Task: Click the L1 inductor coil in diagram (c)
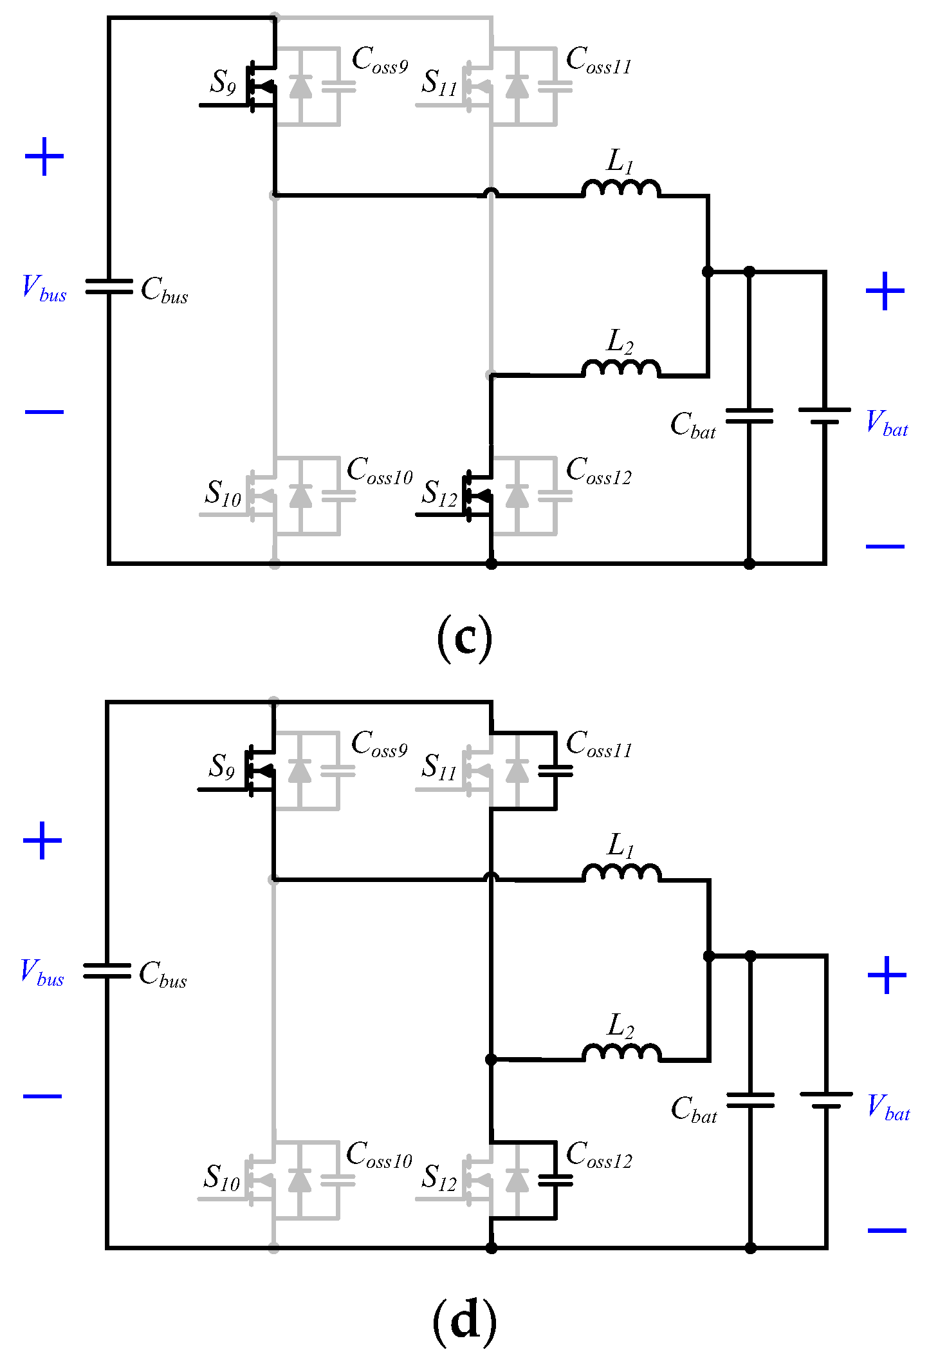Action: pyautogui.click(x=620, y=188)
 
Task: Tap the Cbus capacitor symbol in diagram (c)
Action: pyautogui.click(x=109, y=286)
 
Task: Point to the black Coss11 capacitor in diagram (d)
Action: pyautogui.click(x=555, y=771)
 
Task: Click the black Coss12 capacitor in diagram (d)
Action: pyautogui.click(x=555, y=1180)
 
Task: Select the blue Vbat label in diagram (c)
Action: pyautogui.click(x=887, y=424)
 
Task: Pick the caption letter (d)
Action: pyautogui.click(x=464, y=1321)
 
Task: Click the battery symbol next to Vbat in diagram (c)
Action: pyautogui.click(x=824, y=416)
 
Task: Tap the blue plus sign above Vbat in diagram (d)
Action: pyautogui.click(x=887, y=975)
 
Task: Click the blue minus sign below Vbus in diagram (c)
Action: pyautogui.click(x=44, y=411)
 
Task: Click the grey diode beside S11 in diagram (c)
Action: pyautogui.click(x=517, y=86)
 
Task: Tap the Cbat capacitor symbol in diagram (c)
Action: pyautogui.click(x=749, y=416)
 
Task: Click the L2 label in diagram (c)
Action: pyautogui.click(x=620, y=341)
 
